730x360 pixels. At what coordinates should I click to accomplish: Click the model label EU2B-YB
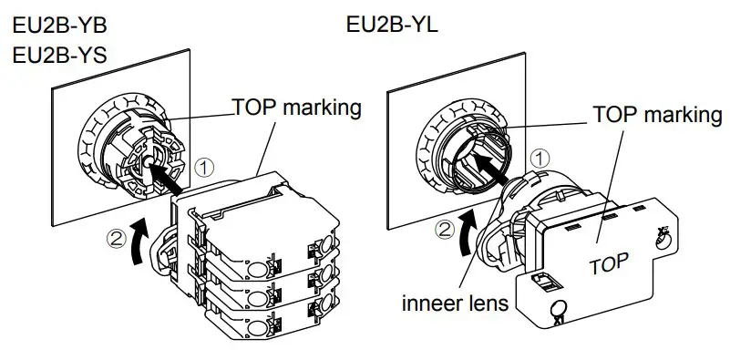60,26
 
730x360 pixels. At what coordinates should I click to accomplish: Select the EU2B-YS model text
60,55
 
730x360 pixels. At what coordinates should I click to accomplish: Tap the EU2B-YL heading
393,25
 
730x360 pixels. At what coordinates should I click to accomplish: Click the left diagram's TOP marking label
298,108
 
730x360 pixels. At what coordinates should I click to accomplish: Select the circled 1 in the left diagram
206,167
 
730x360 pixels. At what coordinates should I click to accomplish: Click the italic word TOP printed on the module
608,267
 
